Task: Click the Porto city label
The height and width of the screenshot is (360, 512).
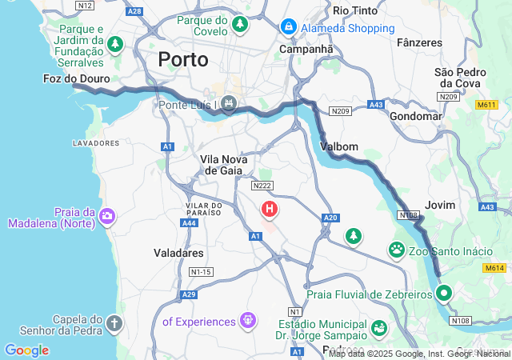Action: tap(183, 59)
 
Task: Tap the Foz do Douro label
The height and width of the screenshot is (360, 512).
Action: tap(77, 79)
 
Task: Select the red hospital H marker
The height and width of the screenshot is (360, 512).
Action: tap(270, 210)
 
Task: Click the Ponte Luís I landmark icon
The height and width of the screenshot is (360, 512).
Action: tap(229, 103)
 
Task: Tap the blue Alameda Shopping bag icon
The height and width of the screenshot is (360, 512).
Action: tap(288, 28)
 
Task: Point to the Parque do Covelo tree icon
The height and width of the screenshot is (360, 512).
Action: tap(238, 26)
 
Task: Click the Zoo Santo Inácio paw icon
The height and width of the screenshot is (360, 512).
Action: tap(398, 251)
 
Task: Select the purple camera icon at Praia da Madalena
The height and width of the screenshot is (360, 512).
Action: tap(106, 215)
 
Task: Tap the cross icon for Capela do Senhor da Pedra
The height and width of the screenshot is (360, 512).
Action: tap(114, 324)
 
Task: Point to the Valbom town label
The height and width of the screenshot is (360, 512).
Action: tap(338, 146)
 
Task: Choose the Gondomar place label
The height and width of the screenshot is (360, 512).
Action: tap(415, 116)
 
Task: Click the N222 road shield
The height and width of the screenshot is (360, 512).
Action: tap(262, 186)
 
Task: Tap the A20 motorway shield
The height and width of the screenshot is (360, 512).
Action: tap(330, 217)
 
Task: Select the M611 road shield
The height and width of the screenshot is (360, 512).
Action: tap(486, 105)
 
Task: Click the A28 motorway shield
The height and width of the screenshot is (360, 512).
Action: tap(134, 11)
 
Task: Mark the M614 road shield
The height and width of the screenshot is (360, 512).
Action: tap(494, 269)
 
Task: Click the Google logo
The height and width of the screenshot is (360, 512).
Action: tap(26, 350)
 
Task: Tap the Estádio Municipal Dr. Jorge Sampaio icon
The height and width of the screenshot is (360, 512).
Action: tap(378, 328)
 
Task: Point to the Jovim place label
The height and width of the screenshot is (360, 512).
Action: tap(440, 205)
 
